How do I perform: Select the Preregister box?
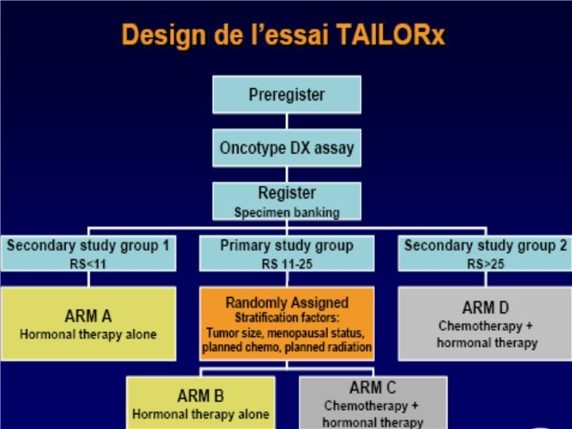coord(287,95)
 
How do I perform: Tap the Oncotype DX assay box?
coord(287,148)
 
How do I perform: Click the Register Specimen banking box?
coord(287,201)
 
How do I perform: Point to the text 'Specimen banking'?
coord(287,212)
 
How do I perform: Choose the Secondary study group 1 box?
coord(87,253)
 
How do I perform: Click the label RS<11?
coord(87,263)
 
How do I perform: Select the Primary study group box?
coord(287,253)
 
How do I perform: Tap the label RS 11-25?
coord(287,263)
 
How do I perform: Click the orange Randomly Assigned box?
coord(287,323)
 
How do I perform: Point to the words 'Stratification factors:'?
coord(287,318)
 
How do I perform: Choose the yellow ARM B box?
coord(200,403)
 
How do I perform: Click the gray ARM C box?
coord(371,403)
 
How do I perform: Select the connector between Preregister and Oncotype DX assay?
coord(287,121)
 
